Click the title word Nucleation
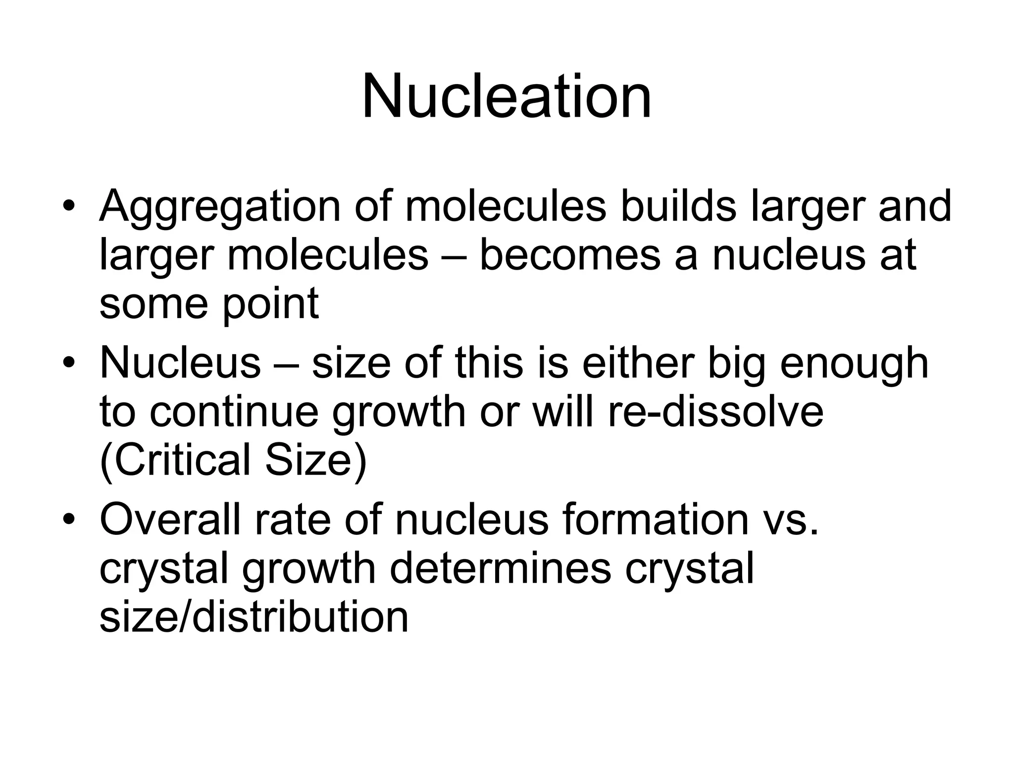click(507, 96)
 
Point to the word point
click(270, 304)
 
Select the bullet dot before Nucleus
click(69, 363)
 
